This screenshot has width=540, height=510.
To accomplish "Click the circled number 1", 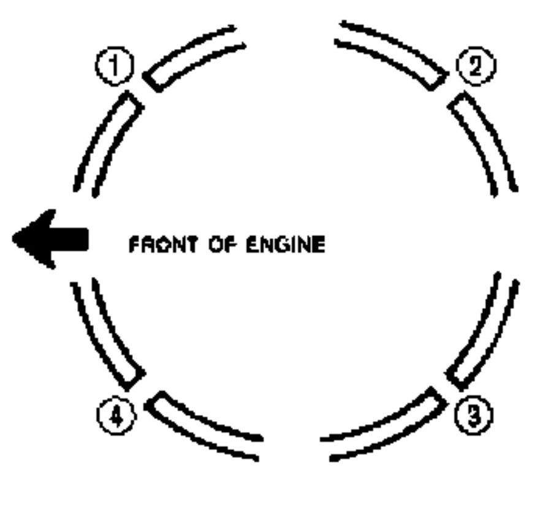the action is click(x=115, y=66).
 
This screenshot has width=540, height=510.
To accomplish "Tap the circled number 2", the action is click(x=476, y=66).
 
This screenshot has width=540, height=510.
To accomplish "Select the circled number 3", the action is click(x=474, y=415).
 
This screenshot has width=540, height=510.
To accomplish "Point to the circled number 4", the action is click(x=116, y=416).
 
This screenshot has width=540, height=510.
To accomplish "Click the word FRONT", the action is click(x=164, y=245).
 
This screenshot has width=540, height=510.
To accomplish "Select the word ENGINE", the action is click(x=286, y=245).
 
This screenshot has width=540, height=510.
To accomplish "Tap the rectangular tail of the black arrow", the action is click(x=70, y=239).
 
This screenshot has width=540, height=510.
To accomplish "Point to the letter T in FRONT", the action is click(x=192, y=245).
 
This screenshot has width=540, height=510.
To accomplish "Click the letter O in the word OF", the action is click(x=216, y=245).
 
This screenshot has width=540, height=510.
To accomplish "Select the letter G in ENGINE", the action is click(x=286, y=245).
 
